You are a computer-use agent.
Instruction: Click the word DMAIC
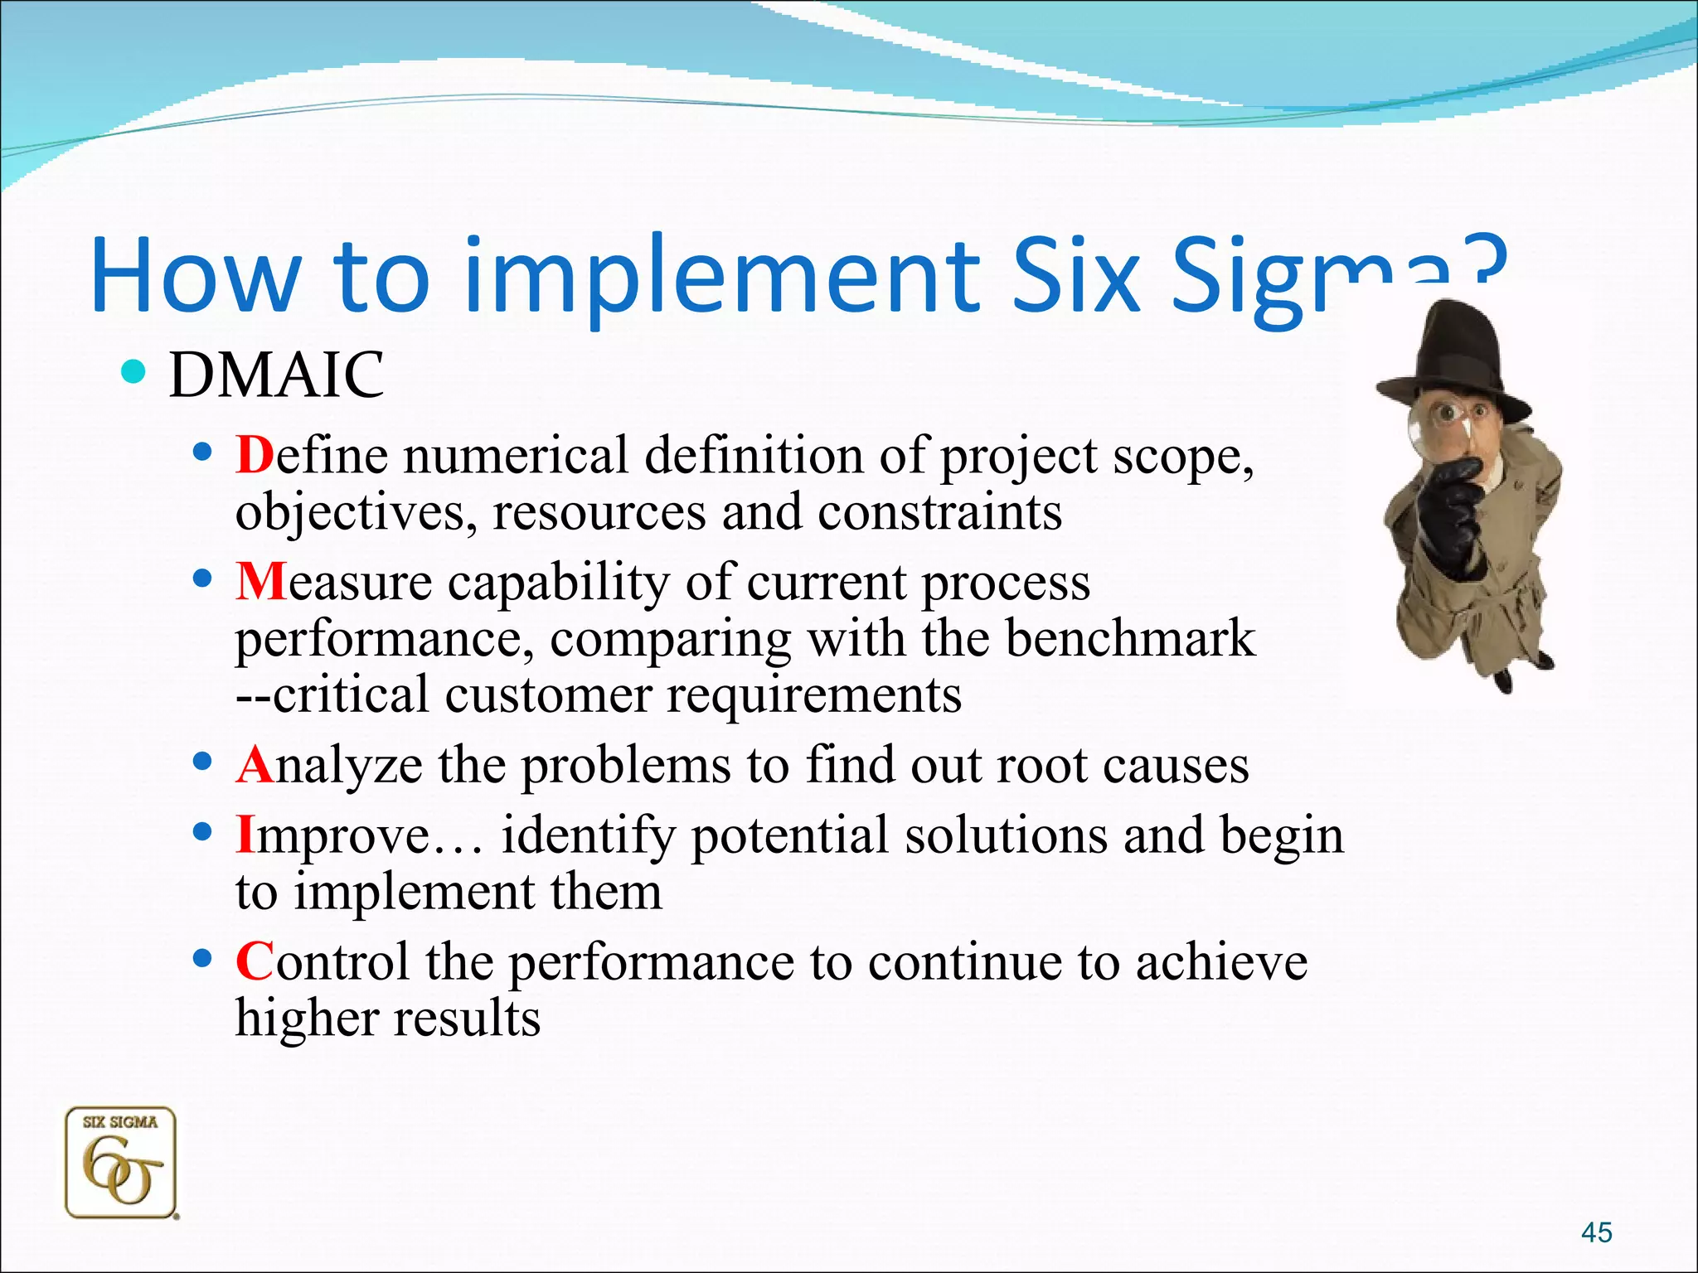276,375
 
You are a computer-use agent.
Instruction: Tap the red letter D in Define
254,455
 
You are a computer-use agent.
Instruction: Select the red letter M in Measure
260,582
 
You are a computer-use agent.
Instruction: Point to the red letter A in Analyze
255,764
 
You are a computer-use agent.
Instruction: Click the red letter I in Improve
245,835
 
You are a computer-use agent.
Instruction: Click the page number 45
1596,1232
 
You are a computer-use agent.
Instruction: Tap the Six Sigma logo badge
121,1163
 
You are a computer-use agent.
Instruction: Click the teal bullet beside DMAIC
132,372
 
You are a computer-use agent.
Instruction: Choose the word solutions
1006,835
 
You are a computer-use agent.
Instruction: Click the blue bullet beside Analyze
201,760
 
